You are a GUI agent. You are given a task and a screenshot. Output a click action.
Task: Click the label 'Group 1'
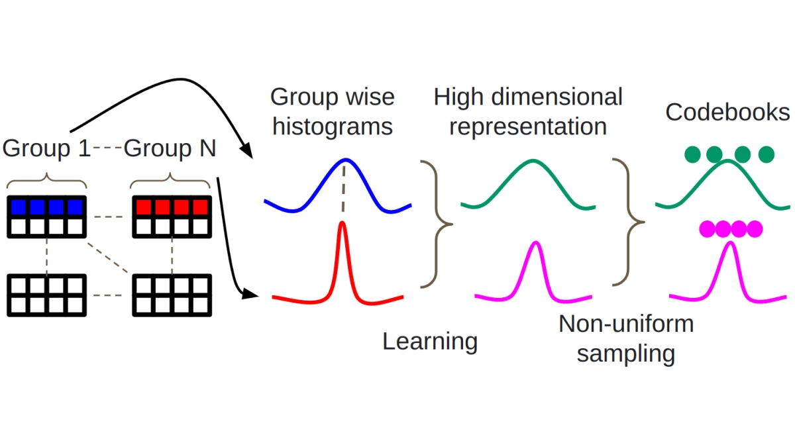click(46, 148)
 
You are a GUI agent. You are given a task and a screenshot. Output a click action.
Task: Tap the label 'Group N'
click(170, 148)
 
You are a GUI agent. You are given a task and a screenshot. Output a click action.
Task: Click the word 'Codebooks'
click(727, 112)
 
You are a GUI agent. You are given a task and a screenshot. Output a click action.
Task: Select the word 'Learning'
click(430, 342)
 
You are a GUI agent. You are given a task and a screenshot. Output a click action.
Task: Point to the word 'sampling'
click(625, 354)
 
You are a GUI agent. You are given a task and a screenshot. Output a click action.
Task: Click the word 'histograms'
click(333, 126)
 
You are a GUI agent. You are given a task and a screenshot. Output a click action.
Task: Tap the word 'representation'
click(528, 126)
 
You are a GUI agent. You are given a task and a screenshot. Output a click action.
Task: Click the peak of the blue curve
click(344, 160)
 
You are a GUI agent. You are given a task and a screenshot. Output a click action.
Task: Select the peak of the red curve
click(343, 223)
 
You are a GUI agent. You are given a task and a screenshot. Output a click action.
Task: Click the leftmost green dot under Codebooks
click(693, 154)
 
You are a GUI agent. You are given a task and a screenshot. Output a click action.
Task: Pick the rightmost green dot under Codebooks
click(766, 154)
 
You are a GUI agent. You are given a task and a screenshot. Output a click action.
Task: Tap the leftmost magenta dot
click(708, 229)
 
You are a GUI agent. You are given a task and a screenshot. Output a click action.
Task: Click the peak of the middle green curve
click(529, 161)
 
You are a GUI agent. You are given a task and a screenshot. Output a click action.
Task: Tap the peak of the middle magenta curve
click(535, 243)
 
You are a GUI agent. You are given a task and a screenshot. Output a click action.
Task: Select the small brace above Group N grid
click(170, 179)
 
